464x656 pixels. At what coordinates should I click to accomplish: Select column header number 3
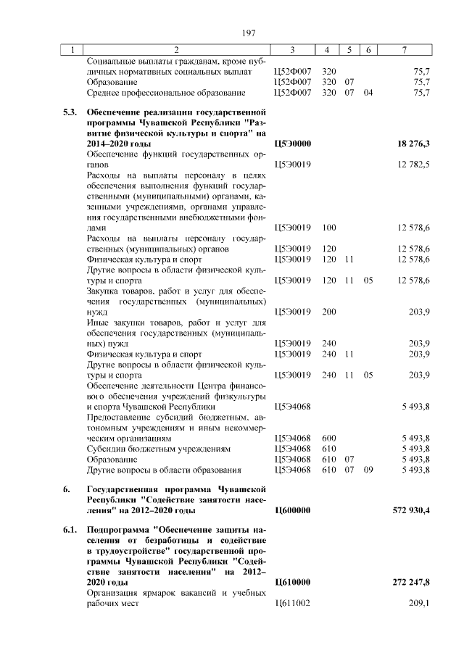click(x=291, y=50)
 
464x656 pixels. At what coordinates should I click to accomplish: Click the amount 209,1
click(x=419, y=603)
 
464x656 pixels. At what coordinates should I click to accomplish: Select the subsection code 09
click(x=368, y=470)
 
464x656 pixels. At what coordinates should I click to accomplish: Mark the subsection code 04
click(x=368, y=93)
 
